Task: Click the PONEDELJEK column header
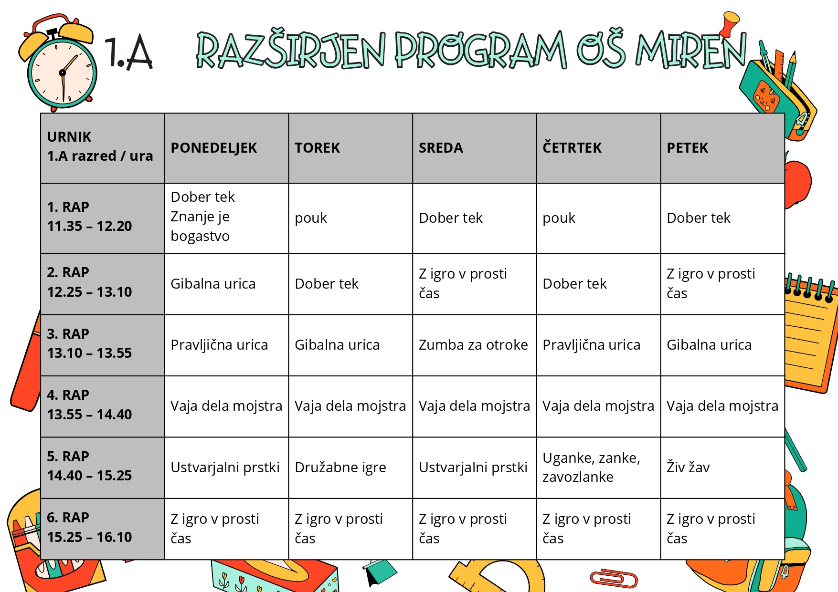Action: (214, 148)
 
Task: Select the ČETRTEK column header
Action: (572, 148)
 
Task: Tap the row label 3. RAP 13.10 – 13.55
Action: (89, 343)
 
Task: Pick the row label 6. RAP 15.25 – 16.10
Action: (89, 527)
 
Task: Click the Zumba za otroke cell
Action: (473, 345)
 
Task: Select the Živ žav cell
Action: (688, 467)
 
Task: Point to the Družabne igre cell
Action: (340, 467)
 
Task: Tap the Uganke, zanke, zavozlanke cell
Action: (591, 467)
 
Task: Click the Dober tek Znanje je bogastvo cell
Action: (203, 217)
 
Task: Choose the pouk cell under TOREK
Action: (311, 218)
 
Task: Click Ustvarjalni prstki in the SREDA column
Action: (473, 467)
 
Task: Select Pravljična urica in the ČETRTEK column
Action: (591, 345)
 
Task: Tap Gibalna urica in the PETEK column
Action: (709, 345)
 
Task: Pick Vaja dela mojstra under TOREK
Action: (350, 406)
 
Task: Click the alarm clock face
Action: (62, 73)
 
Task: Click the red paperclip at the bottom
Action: (614, 578)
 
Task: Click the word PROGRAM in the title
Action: (481, 50)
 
